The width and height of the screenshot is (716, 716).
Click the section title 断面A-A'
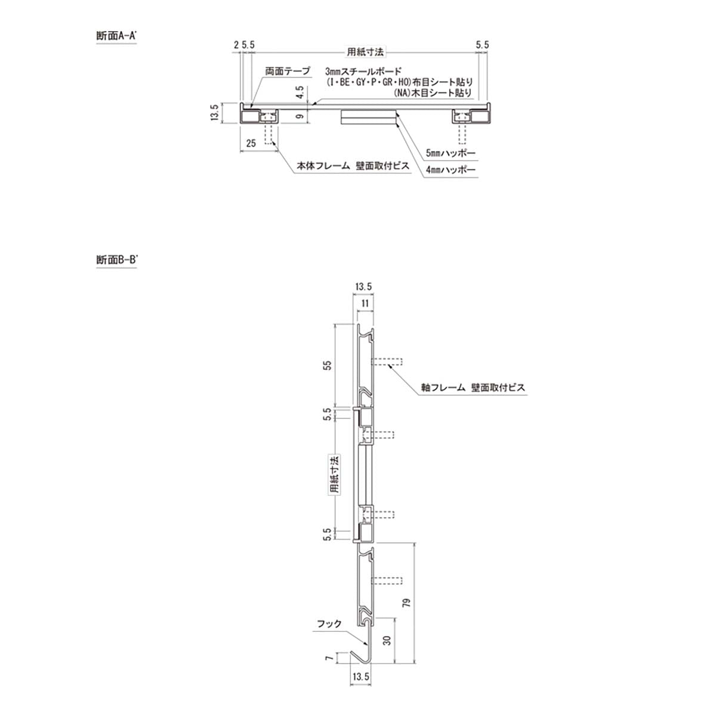(116, 36)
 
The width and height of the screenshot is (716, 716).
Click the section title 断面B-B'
(117, 260)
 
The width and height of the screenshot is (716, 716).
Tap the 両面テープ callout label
(288, 71)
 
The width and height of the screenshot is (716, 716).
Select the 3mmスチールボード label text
(363, 71)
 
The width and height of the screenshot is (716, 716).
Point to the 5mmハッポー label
(450, 153)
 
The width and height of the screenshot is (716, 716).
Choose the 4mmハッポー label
(450, 170)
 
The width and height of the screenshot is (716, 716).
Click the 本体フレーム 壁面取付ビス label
(353, 166)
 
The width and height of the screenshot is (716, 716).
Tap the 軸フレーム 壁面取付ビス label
(473, 388)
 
